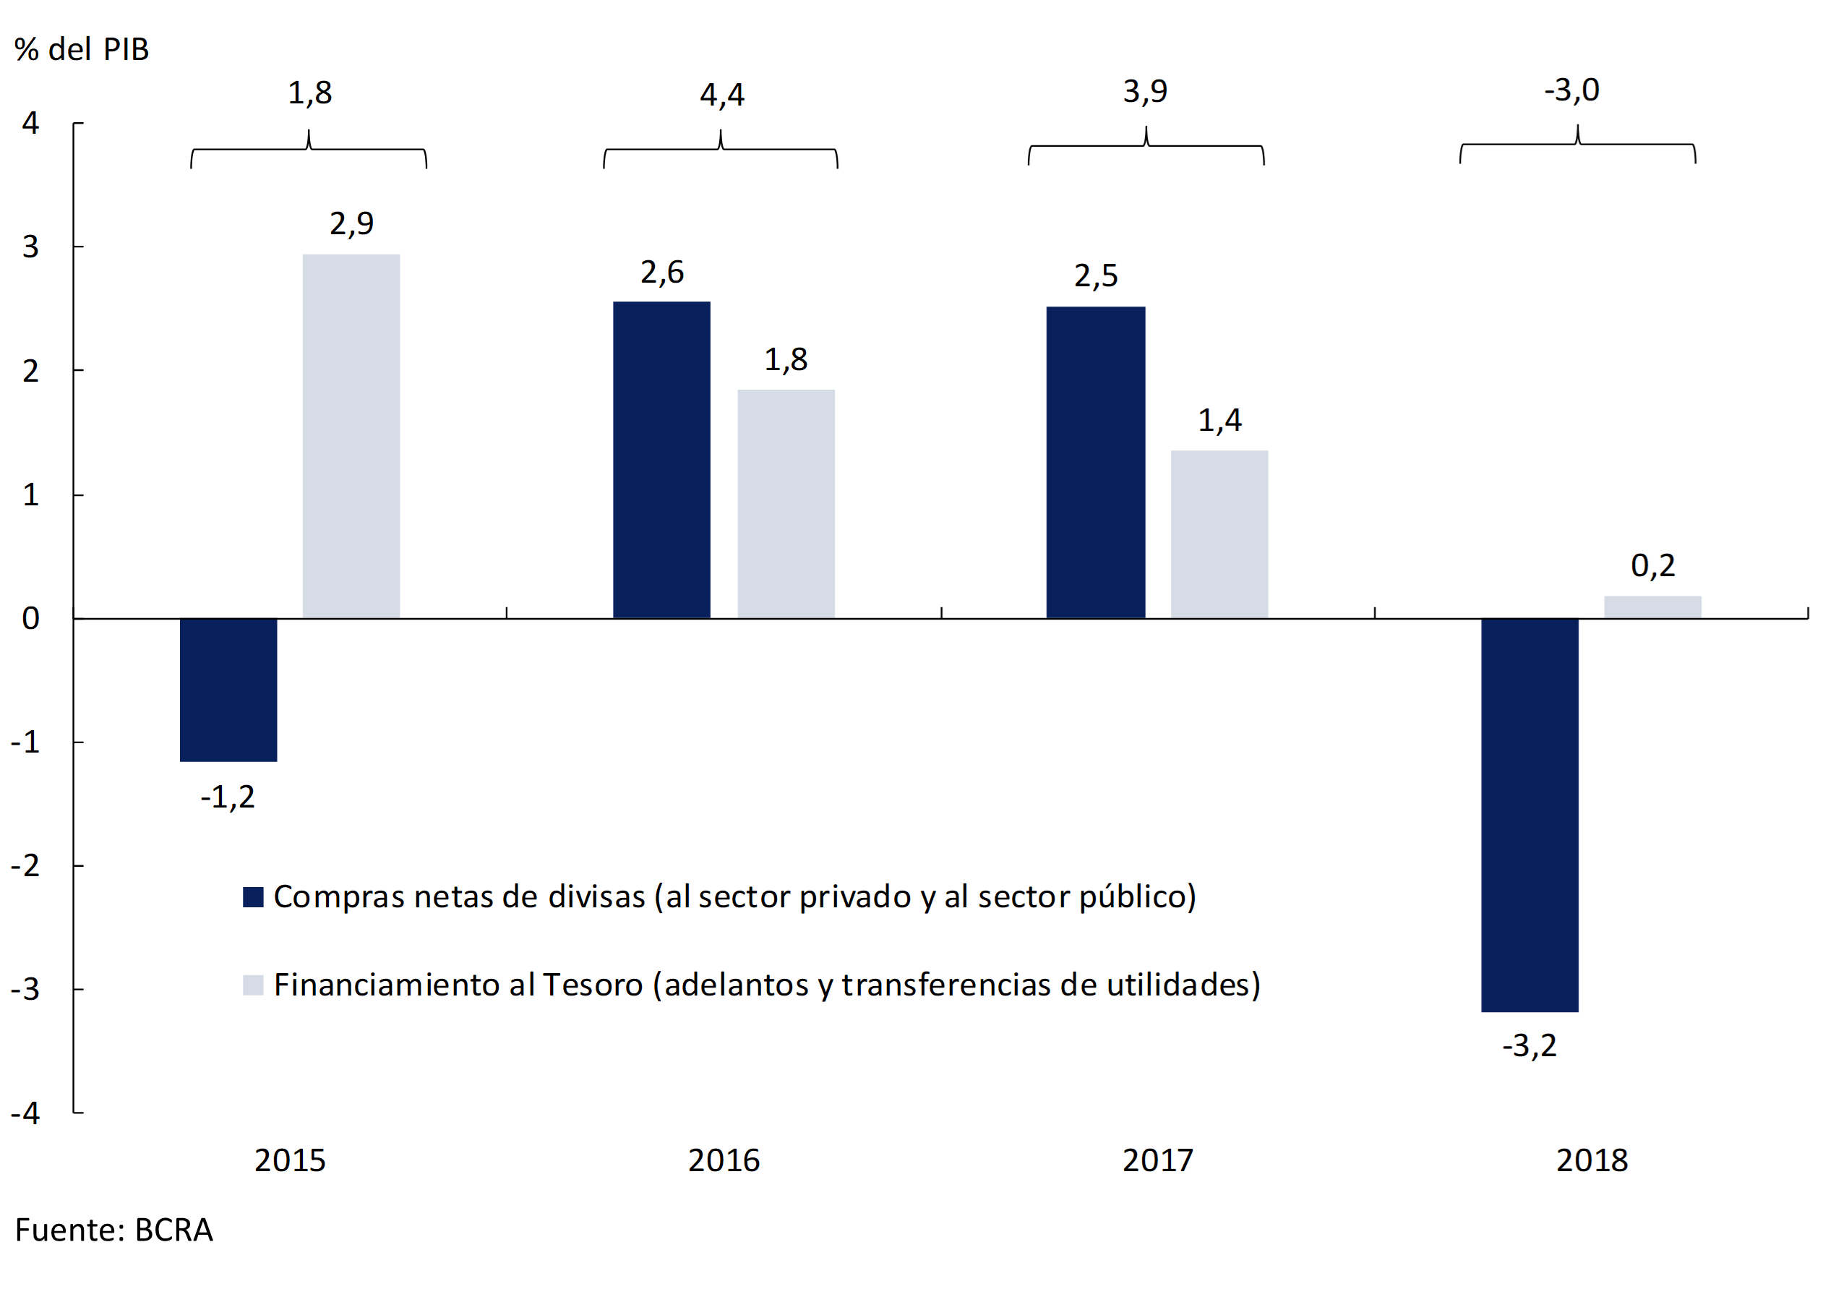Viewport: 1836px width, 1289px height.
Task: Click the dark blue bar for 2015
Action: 228,689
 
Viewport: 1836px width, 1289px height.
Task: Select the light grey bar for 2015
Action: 351,436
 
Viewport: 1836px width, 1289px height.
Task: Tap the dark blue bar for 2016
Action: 661,460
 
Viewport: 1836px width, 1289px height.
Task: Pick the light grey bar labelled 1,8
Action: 785,504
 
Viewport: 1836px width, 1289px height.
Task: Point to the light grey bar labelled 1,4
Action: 1219,534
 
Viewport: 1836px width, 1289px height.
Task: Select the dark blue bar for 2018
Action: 1529,815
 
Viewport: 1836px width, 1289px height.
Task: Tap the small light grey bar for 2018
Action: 1652,607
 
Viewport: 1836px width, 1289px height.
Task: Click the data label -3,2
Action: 1529,1046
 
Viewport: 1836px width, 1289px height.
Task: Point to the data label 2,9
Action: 351,223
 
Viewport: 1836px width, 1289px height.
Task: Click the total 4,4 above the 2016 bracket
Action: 721,95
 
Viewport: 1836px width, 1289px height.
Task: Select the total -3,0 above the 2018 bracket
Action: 1571,90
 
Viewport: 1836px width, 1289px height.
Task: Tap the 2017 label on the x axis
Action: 1157,1160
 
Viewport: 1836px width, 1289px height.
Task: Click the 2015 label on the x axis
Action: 289,1160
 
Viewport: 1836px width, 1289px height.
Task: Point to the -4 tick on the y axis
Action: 25,1113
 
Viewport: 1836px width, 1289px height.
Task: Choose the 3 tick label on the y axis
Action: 30,247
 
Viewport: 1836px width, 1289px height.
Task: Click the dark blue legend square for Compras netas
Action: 253,896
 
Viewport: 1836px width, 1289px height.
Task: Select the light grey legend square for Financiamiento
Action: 253,985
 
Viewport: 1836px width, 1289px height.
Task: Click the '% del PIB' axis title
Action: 82,50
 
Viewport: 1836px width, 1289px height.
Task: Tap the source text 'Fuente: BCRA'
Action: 113,1230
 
